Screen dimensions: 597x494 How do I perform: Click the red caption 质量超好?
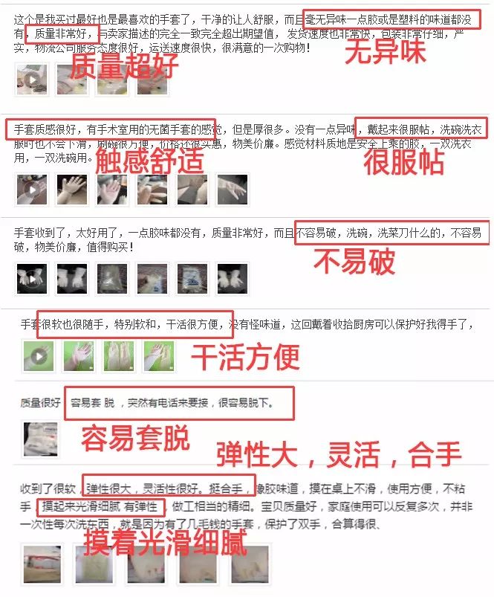pyautogui.click(x=124, y=67)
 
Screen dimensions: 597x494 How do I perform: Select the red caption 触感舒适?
pyautogui.click(x=149, y=161)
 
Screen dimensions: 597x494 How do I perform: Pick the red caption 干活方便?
pyautogui.click(x=246, y=357)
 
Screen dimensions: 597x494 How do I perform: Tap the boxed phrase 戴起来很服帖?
pyautogui.click(x=421, y=127)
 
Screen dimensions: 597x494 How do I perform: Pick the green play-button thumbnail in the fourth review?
pyautogui.click(x=39, y=355)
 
